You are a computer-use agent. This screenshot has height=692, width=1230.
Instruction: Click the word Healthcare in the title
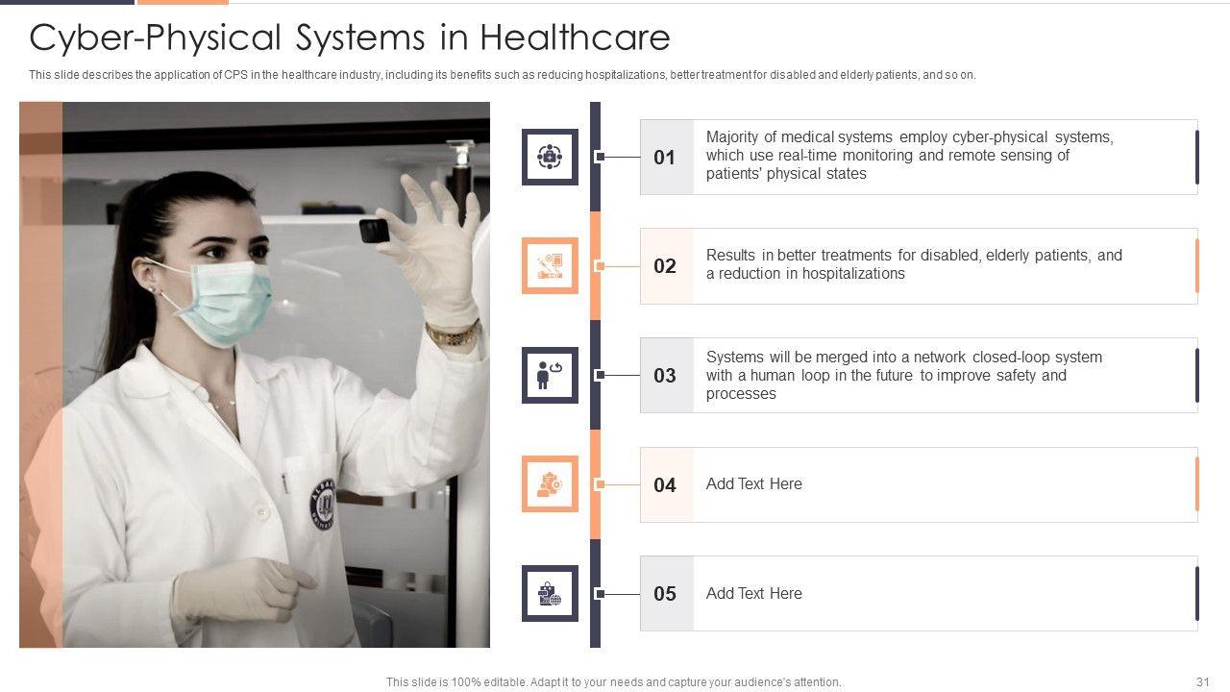point(575,37)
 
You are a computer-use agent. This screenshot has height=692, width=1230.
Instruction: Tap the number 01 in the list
point(664,158)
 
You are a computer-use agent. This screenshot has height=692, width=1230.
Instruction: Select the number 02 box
point(667,266)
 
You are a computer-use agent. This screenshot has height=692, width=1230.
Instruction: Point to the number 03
point(664,376)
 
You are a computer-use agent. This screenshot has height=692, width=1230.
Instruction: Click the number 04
point(664,485)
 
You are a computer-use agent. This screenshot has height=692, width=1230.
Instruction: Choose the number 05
point(664,594)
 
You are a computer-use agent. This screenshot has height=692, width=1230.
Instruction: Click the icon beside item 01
point(550,157)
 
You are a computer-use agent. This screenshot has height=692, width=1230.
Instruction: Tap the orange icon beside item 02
point(550,266)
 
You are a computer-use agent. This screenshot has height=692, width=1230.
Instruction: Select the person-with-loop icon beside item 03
point(550,375)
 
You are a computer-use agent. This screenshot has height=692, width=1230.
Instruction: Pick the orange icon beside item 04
point(550,483)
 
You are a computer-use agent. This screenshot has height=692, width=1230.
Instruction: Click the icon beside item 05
point(550,593)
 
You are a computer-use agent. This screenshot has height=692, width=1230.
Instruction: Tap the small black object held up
point(375,231)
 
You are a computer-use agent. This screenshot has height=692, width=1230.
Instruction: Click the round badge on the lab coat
point(324,504)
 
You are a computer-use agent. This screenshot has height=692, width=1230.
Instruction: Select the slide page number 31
point(1202,681)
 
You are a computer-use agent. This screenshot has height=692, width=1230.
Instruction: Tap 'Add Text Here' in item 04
point(754,483)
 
